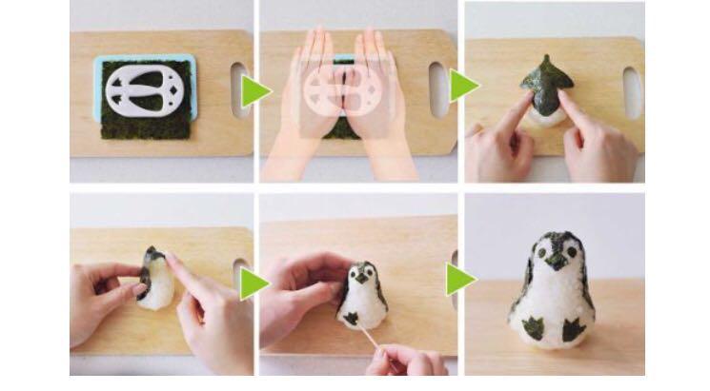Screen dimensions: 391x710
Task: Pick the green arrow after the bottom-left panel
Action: click(254, 283)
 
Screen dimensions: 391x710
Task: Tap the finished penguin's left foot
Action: click(536, 329)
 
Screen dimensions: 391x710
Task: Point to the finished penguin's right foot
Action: click(575, 331)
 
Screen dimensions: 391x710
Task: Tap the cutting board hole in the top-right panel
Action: click(633, 92)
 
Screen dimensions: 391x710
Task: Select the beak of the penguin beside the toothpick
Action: click(361, 287)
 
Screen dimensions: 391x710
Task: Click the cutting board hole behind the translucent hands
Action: click(437, 88)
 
